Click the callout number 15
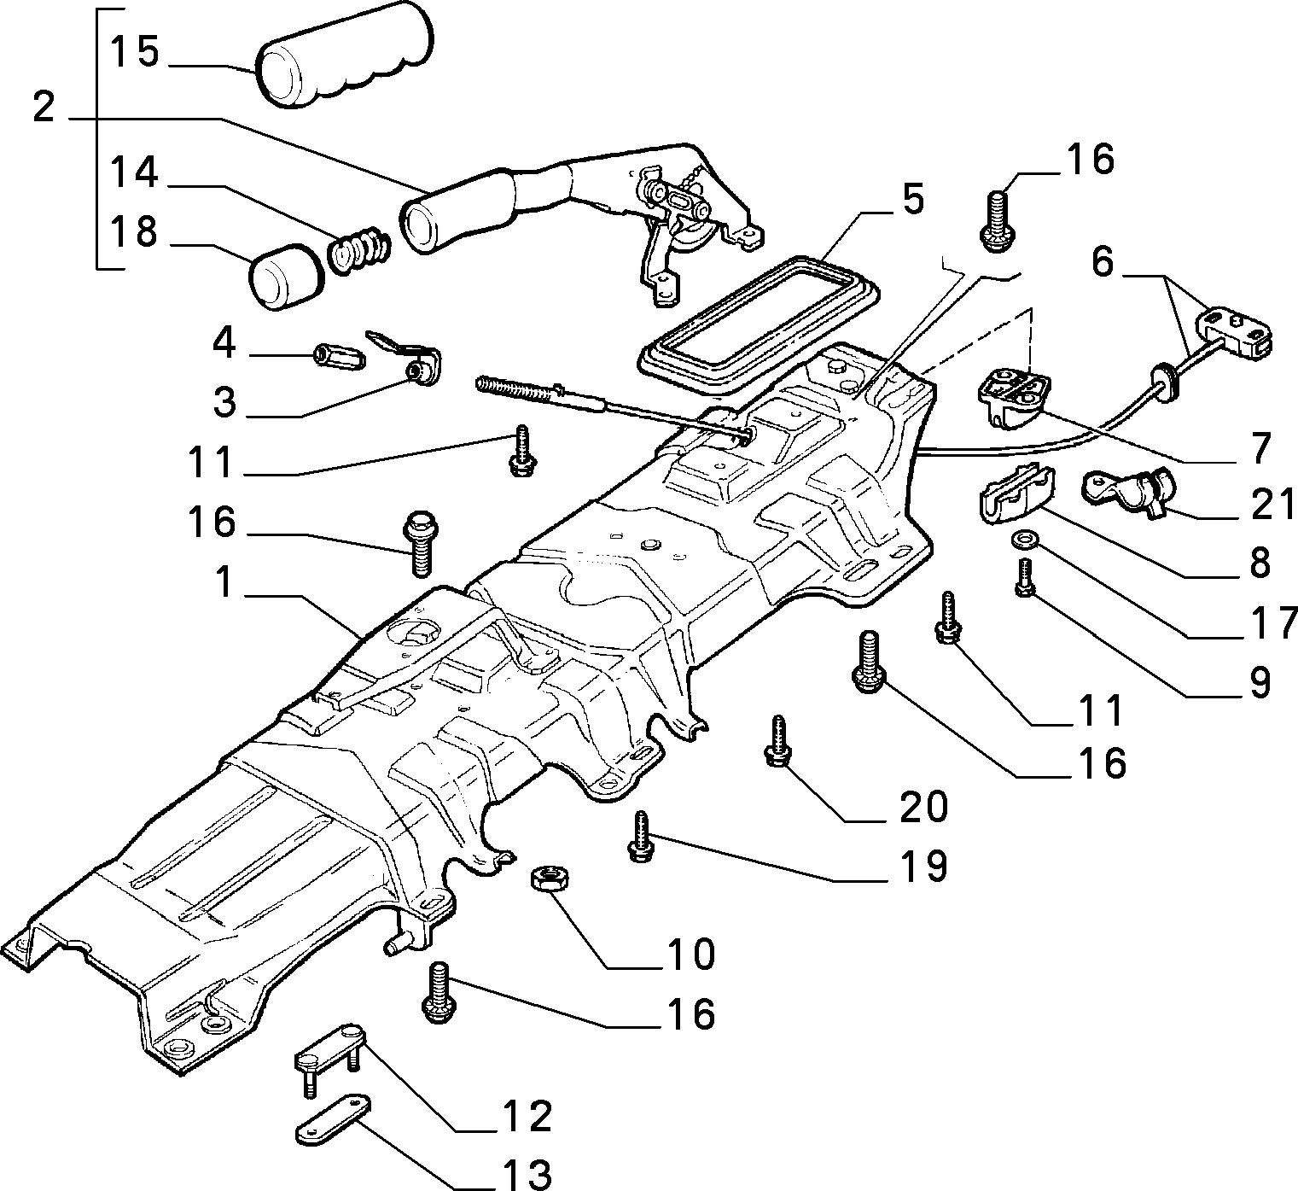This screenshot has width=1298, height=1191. tap(134, 53)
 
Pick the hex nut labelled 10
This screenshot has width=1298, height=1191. tap(550, 878)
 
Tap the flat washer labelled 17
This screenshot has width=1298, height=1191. tap(1021, 540)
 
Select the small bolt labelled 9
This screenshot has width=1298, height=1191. tap(1024, 578)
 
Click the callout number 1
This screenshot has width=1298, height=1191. tap(223, 583)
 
